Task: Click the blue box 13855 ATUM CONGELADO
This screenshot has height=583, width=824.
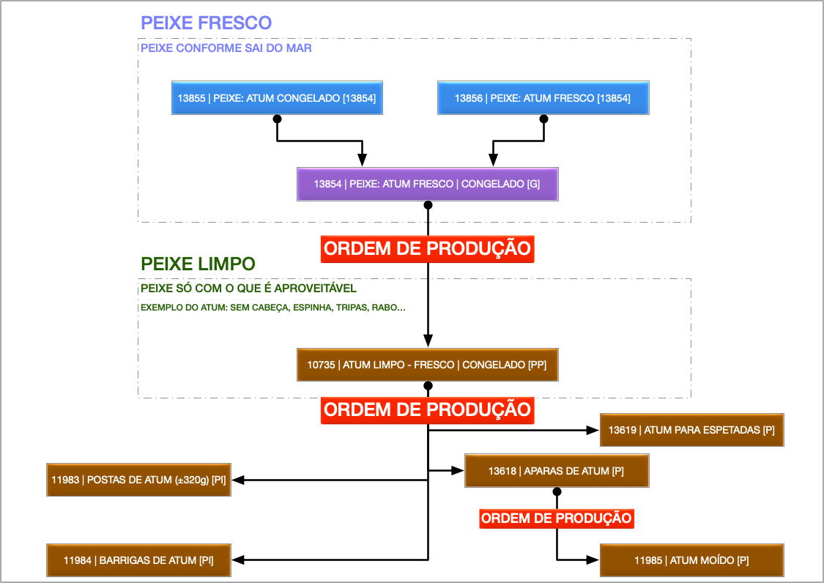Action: coord(277,98)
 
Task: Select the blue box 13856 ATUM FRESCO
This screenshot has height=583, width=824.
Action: coord(543,98)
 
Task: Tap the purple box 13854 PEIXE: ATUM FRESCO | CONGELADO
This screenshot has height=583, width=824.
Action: coord(427,184)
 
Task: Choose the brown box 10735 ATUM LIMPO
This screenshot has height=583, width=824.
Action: coord(427,364)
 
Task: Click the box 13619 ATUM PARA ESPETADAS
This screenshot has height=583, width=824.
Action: coord(691,430)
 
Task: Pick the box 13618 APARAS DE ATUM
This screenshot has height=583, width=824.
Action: coord(556,471)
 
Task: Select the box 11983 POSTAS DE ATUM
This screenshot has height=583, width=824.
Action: coord(139,480)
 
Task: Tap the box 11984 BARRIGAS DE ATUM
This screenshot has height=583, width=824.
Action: coord(139,560)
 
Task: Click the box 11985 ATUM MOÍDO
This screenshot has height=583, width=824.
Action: coord(691,560)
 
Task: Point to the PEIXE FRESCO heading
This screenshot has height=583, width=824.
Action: coord(207,23)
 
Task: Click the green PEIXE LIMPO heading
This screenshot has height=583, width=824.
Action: coord(198,264)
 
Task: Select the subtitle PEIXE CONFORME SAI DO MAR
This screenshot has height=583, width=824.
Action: coord(226,48)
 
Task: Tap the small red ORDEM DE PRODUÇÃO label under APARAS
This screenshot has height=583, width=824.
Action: coord(556,519)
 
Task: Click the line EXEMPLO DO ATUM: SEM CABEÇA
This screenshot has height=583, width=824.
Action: coord(272,308)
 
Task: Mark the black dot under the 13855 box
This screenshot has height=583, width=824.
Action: coord(277,118)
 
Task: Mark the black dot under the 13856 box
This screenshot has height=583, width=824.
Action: coord(543,118)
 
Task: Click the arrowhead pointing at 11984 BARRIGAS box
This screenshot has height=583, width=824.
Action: coord(239,560)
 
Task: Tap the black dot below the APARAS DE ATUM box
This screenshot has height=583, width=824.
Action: coord(556,491)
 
